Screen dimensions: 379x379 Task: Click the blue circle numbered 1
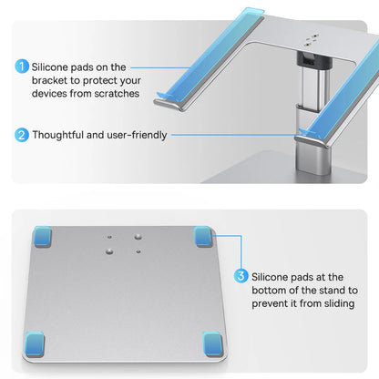click(21, 67)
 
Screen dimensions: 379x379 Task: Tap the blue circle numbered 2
click(21, 135)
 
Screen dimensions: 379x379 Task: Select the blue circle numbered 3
click(241, 275)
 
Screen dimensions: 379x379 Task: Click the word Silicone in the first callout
click(53, 67)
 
